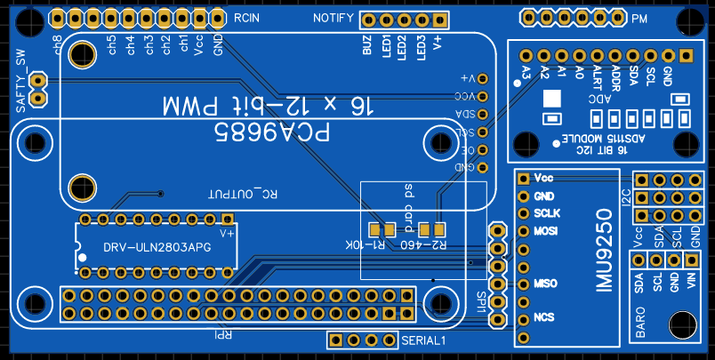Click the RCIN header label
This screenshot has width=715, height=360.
[248, 19]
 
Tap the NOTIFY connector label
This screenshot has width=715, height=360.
[333, 19]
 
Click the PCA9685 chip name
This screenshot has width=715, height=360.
[272, 134]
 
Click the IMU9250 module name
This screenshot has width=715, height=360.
[605, 250]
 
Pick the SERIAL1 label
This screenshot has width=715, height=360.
[422, 340]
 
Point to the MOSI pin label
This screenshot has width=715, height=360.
[546, 231]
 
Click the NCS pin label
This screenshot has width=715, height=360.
[544, 317]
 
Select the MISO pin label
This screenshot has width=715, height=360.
[545, 284]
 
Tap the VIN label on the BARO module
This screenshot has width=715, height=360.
[691, 283]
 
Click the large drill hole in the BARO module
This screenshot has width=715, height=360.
[682, 325]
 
